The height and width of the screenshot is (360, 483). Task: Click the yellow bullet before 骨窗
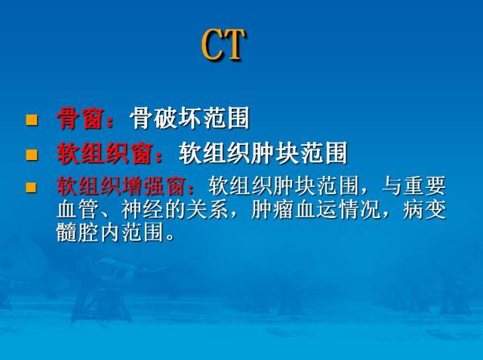[32, 119]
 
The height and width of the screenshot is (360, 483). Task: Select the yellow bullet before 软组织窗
[32, 155]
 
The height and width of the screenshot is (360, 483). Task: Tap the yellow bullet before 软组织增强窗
[32, 186]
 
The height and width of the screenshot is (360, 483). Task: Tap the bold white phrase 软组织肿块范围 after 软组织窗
[263, 154]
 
